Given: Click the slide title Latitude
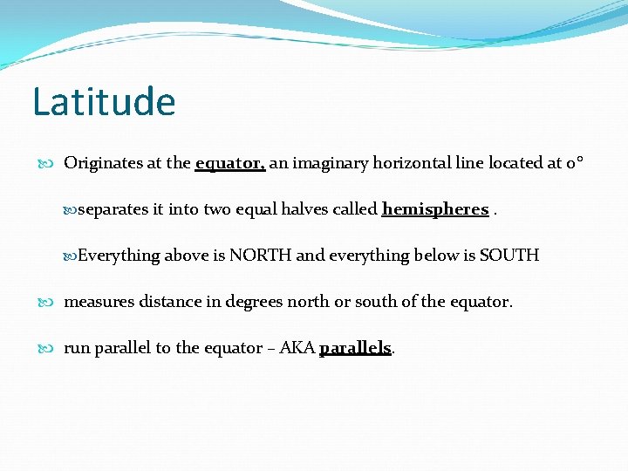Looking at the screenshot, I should [x=104, y=101].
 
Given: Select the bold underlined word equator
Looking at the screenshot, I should [x=229, y=163].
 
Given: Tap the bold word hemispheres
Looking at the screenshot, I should [x=434, y=209].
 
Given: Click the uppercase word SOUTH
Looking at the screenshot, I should [x=509, y=256].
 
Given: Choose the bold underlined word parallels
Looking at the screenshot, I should [x=355, y=348].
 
